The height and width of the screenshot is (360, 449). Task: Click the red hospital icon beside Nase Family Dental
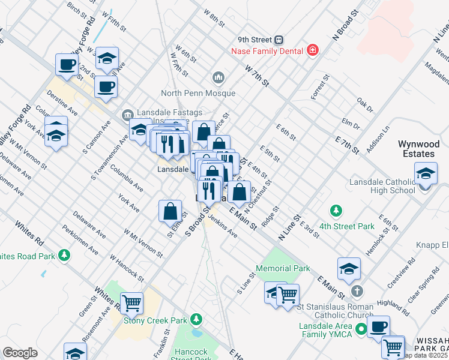[312, 50]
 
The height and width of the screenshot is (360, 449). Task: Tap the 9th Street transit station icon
[279, 40]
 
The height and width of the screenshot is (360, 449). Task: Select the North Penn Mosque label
[198, 93]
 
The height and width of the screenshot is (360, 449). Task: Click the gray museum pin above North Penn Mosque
[218, 77]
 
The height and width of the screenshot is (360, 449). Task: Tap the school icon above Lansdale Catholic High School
[426, 173]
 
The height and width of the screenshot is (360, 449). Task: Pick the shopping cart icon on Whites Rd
[131, 304]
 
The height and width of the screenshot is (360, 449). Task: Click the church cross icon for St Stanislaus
[357, 292]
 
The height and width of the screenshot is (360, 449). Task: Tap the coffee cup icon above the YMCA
[378, 327]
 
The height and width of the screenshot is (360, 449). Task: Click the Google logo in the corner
[20, 353]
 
